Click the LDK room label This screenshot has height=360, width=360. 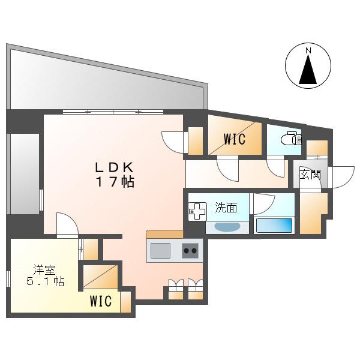coord(115,167)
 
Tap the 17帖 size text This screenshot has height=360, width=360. coord(115,182)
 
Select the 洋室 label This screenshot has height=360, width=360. coord(44,269)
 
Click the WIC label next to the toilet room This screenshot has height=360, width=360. coord(235,139)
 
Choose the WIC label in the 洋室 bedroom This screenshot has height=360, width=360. coord(101,301)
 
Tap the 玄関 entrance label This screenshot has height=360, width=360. coord(310,175)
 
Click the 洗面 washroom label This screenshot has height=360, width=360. coord(226,208)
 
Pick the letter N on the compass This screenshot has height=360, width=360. coord(308,51)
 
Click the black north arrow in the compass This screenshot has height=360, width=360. coord(308,70)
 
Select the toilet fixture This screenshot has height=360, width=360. coord(292,138)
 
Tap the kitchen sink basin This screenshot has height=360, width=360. coord(160,250)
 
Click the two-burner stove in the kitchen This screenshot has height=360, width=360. coord(190,250)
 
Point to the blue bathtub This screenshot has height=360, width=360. coord(274,225)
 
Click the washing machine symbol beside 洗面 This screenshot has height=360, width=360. coord(197,211)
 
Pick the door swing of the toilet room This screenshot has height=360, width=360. coord(275,167)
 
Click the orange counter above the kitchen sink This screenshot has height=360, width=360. coord(164,234)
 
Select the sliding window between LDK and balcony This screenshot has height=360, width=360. coord(113,112)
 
